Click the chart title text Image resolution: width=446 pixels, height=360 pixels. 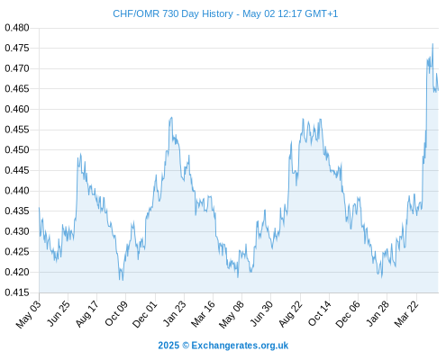[225, 13]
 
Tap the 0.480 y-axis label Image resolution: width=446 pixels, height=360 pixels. [17, 28]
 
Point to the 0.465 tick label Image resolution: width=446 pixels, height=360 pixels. [17, 89]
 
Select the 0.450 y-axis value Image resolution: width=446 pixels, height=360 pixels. [17, 149]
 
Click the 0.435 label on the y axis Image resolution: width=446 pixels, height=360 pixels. [17, 211]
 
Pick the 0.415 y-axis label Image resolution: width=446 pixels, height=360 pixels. [17, 292]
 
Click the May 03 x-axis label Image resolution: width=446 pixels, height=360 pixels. [29, 314]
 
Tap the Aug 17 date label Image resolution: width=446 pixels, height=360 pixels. [87, 313]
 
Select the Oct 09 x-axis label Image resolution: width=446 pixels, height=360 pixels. [116, 313]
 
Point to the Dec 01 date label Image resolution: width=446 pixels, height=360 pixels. [145, 314]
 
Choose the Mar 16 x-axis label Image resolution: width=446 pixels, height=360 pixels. [203, 314]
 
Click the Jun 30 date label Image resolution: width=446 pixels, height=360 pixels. [261, 313]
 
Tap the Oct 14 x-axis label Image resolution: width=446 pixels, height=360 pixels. [319, 313]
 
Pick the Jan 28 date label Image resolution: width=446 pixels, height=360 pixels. [378, 313]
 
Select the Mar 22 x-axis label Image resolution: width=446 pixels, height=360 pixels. [406, 314]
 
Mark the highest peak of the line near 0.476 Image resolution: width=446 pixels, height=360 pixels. [432, 44]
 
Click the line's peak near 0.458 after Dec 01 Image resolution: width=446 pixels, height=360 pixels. [171, 117]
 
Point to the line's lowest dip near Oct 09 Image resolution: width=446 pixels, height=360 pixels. [123, 280]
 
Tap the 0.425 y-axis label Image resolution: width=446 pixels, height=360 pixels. [17, 251]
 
